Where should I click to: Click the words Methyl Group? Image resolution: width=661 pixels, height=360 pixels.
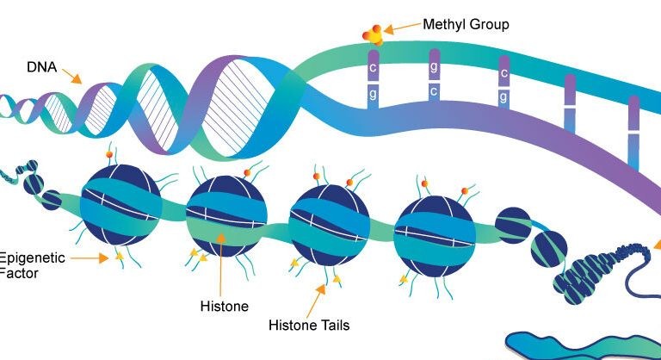pyautogui.click(x=466, y=25)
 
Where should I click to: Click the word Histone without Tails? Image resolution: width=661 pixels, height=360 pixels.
pyautogui.click(x=224, y=306)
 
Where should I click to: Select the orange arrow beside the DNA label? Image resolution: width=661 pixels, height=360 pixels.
pyautogui.click(x=73, y=76)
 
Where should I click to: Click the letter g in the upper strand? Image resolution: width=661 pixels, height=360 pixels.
pyautogui.click(x=436, y=66)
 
